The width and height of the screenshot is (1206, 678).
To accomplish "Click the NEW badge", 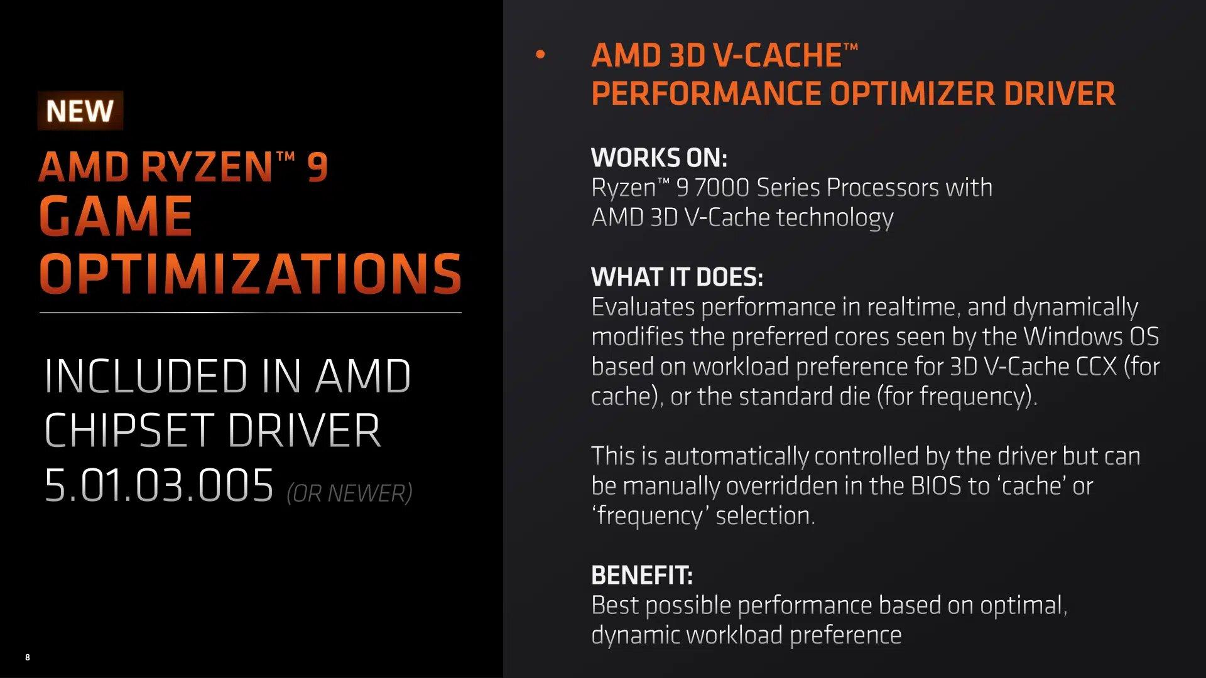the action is coord(80,111).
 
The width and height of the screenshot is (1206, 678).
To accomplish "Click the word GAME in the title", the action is coord(116,216).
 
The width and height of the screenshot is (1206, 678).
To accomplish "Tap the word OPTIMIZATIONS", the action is coord(251,273).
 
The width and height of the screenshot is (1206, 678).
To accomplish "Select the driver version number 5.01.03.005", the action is coord(159,485).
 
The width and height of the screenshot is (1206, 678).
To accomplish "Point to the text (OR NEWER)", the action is coord(349,493).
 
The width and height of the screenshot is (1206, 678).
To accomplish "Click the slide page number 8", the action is coord(28,657).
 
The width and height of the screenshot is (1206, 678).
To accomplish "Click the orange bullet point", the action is coord(540,55).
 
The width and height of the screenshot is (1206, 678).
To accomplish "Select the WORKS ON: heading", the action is coord(659,158).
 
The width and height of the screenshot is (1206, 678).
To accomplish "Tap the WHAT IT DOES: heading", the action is coord(677,277).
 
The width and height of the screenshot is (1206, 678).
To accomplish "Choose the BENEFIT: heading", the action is coord(642,575).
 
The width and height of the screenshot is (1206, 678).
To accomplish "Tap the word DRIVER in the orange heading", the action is coord(1059,94).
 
